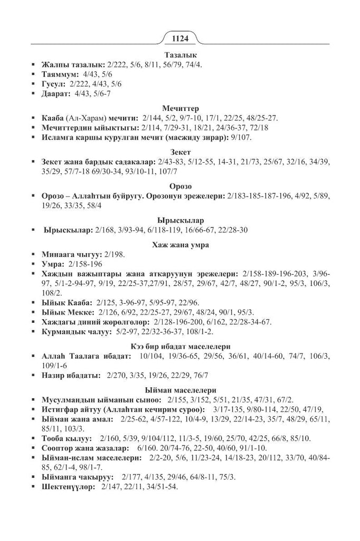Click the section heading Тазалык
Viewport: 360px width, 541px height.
coord(180,54)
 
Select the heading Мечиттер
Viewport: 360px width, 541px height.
coord(180,108)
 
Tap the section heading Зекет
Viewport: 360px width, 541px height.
coord(180,152)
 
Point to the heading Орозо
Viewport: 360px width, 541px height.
coord(180,186)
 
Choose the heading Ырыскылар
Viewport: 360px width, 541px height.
coord(180,220)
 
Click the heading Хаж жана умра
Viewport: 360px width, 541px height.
coord(180,244)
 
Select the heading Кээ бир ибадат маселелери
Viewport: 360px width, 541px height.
coord(180,347)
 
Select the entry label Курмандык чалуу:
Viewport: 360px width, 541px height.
coord(75,331)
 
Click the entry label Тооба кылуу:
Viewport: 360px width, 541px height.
coord(67,438)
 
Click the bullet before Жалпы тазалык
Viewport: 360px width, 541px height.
coord(34,64)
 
